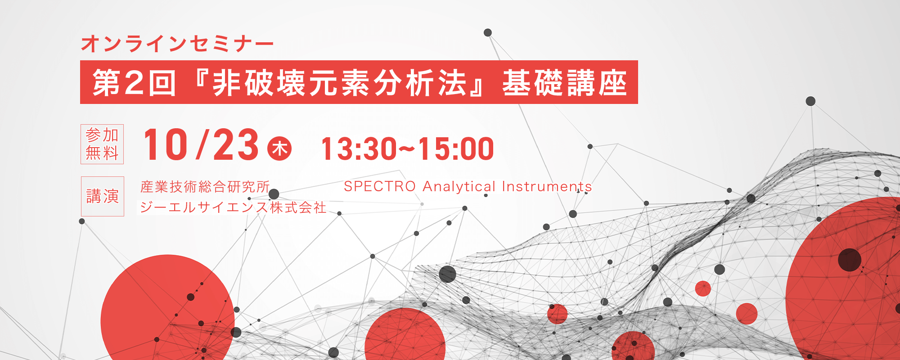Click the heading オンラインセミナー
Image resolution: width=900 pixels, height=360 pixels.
(177, 44)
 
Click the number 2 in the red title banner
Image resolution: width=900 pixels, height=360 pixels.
(134, 83)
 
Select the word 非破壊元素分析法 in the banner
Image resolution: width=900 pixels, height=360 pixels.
(340, 83)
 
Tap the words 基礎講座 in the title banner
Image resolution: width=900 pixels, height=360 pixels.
(565, 83)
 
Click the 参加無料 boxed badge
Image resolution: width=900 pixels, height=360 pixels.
(102, 144)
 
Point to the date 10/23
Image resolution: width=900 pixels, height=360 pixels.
(201, 144)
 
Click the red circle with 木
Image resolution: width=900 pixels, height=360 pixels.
(279, 148)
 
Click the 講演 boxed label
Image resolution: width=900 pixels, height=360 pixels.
(103, 196)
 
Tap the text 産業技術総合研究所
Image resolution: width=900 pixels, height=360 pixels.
(205, 186)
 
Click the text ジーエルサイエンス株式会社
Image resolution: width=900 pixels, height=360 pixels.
(233, 207)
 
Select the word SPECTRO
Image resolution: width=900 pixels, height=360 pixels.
(380, 186)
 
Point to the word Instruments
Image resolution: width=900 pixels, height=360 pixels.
(547, 186)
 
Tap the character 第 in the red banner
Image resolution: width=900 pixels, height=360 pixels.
(107, 83)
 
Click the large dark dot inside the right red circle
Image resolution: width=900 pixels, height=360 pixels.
(850, 260)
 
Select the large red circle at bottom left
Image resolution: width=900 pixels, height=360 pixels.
(167, 310)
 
